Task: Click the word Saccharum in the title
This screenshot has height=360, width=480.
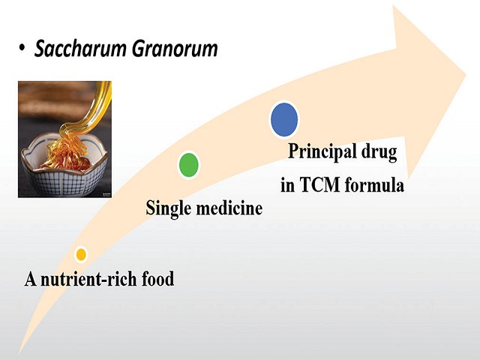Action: pos(82,50)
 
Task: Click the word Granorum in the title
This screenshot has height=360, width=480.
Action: pos(176,50)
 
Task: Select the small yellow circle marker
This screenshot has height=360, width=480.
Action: pos(81,254)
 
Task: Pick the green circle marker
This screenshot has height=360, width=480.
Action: pos(189,164)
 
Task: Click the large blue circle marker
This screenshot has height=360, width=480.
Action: pos(284,119)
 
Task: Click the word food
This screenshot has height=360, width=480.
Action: pos(157,280)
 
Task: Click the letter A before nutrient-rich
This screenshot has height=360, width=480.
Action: pos(31,280)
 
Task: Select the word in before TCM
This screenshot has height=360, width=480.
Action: pos(288,184)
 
